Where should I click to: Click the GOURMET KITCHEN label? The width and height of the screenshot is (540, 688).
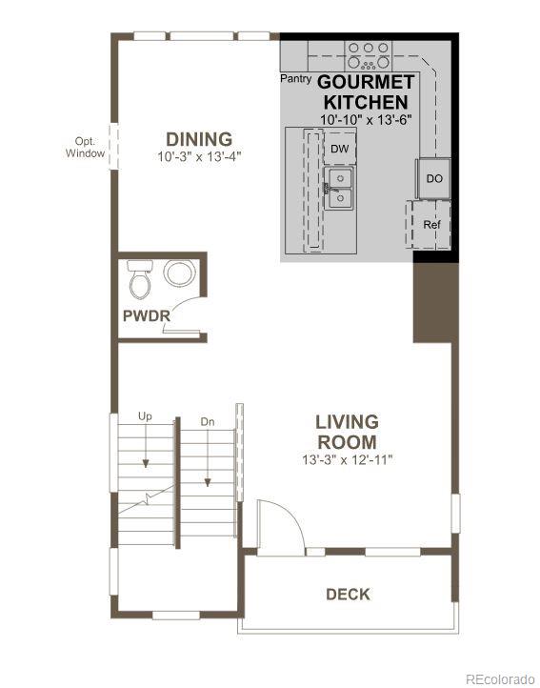366,92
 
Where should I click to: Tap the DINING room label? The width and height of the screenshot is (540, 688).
199,139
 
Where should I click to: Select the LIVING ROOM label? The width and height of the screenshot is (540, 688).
347,432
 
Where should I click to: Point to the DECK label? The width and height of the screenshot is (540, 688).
348,594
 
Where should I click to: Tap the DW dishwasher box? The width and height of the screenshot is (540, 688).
340,150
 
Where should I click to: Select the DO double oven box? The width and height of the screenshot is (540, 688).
434,178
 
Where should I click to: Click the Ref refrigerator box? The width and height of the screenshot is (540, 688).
431,225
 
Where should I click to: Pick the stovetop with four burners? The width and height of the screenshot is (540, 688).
367,51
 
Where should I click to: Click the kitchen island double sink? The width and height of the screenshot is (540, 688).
338,189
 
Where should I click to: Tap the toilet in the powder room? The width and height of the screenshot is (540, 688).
140,277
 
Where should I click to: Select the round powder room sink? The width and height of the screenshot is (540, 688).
178,274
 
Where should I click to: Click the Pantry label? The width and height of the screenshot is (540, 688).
295,79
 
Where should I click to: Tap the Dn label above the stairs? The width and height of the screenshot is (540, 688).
208,420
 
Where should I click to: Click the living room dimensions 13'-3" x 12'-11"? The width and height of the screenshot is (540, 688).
347,459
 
